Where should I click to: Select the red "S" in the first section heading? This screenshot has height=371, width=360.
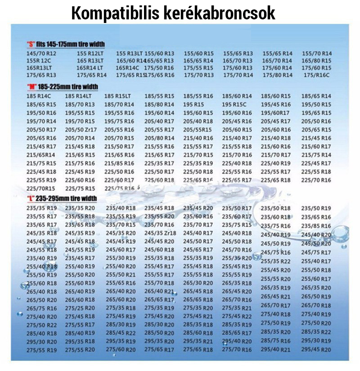[31, 44]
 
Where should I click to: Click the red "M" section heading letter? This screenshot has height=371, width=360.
[31, 86]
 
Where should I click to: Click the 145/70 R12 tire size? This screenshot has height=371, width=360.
[39, 53]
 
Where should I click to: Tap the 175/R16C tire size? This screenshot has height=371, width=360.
[316, 75]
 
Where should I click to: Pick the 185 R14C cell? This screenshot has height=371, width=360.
[39, 96]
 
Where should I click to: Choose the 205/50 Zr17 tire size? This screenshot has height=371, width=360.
[81, 130]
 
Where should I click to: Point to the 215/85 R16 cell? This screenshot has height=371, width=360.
[119, 163]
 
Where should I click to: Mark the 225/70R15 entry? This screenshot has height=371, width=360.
[39, 188]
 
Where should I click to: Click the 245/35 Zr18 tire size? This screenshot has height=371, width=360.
[160, 233]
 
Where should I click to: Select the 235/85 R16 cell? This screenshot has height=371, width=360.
[316, 226]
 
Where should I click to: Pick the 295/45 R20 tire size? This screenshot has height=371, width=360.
[316, 349]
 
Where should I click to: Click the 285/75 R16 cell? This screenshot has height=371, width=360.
[276, 341]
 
